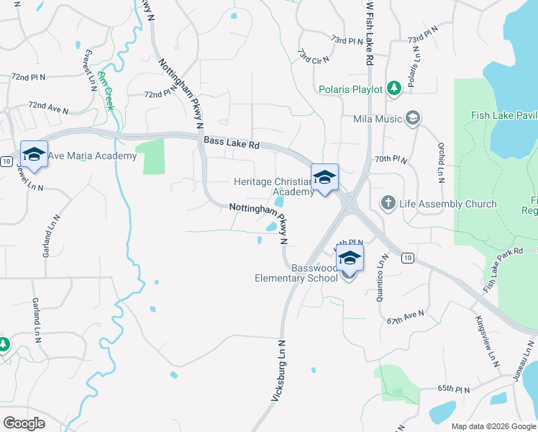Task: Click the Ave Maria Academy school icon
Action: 34,154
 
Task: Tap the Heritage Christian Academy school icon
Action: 324,177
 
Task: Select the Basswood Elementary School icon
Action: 350,258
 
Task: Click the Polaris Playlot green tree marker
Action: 393,88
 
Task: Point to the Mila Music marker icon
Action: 413,117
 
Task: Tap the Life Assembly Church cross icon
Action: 388,203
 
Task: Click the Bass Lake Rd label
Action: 231,144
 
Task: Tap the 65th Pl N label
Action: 454,389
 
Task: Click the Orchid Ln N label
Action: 441,161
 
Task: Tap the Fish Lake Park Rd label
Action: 503,270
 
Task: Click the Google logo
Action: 24,423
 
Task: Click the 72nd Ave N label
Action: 48,108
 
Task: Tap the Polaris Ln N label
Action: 414,69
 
